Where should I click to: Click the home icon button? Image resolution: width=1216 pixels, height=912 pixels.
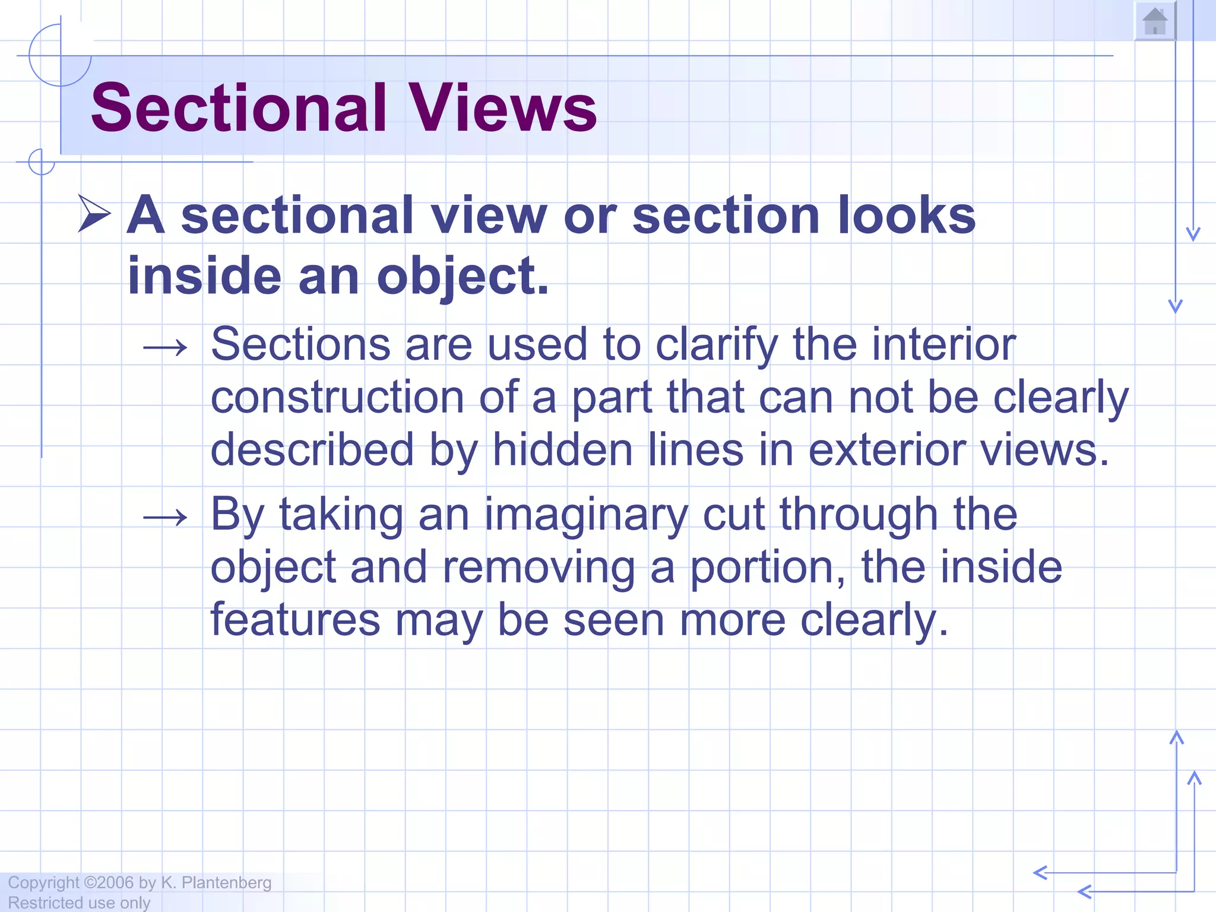pos(1155,22)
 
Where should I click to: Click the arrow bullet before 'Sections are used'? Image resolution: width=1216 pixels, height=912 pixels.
pos(165,348)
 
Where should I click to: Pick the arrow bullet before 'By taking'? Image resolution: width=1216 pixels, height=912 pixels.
pos(165,518)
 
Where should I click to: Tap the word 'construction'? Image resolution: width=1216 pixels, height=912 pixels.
pos(337,397)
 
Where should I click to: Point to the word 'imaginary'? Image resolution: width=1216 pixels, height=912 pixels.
pos(585,515)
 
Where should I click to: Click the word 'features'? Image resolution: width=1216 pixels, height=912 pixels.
pos(295,619)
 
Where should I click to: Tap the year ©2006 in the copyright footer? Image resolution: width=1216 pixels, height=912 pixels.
pos(109,883)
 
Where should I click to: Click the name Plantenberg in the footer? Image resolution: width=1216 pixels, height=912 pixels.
pos(226,883)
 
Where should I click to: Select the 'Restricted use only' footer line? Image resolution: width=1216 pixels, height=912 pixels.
pos(79,902)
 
